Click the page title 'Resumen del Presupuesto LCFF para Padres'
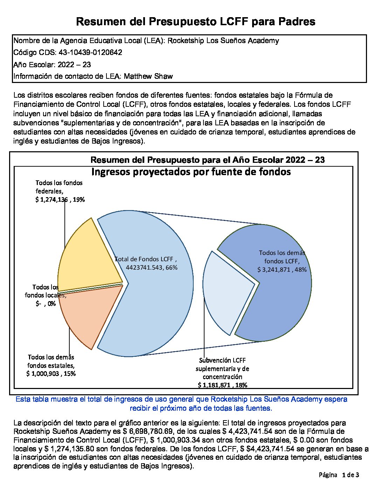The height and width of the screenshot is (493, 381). coord(195,22)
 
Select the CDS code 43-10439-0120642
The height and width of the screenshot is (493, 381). coord(90,53)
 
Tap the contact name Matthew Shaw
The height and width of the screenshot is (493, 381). coord(148,76)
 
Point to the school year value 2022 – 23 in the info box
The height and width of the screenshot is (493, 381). coord(74,64)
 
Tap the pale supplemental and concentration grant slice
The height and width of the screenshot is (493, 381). coord(224,291)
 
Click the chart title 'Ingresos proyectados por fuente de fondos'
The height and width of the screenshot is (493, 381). coord(191,172)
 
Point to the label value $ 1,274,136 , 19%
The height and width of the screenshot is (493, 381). coord(60,200)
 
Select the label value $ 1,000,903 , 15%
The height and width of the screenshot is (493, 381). coord(51,374)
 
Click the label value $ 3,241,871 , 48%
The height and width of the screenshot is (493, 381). coord(282,270)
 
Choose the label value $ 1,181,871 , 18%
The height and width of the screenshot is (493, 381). coord(222,385)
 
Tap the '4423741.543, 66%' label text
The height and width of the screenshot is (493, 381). coord(151,268)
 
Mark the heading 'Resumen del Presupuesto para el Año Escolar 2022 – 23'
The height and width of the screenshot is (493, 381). coord(207,160)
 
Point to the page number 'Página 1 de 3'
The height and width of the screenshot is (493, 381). coord(339,475)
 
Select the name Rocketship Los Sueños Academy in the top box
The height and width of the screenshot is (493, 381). coord(223,41)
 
